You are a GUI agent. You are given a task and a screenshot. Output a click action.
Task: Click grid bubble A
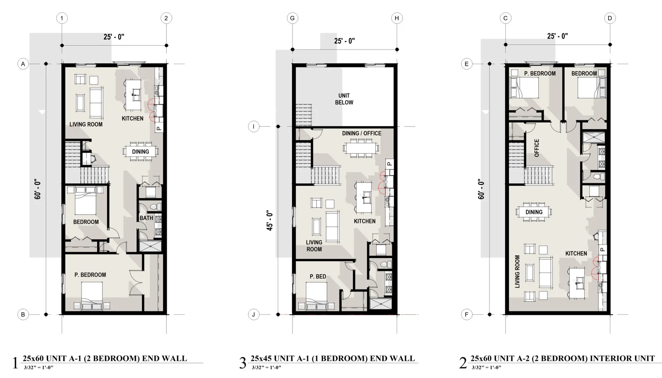(23, 64)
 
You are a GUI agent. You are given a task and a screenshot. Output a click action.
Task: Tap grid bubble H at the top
(397, 18)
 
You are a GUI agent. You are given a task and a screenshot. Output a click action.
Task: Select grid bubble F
(467, 314)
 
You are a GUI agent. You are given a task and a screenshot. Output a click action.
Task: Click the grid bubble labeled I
(253, 127)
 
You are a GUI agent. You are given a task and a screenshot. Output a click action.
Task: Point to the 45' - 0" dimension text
(269, 220)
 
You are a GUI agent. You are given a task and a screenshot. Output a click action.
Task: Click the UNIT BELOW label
(344, 99)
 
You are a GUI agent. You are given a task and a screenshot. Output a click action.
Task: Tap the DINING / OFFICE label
(362, 133)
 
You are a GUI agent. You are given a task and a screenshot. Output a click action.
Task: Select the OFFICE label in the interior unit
(537, 148)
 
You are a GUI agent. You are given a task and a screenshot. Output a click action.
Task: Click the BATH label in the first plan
(146, 218)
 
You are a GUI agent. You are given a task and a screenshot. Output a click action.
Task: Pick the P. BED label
(318, 276)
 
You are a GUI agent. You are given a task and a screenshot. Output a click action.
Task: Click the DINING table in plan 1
(141, 151)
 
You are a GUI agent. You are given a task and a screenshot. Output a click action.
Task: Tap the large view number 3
(242, 363)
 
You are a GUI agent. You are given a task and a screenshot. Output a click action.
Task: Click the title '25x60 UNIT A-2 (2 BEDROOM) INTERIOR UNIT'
(563, 358)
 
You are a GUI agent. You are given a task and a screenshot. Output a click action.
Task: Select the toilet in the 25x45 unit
(385, 264)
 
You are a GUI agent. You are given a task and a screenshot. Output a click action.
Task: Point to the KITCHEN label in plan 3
(365, 221)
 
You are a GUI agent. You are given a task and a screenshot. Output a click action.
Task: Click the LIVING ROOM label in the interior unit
(517, 272)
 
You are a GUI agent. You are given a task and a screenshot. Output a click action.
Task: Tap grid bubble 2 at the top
(166, 18)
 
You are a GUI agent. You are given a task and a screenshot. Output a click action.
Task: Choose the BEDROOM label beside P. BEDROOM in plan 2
(584, 73)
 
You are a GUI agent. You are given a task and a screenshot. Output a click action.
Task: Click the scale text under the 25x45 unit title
(266, 367)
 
